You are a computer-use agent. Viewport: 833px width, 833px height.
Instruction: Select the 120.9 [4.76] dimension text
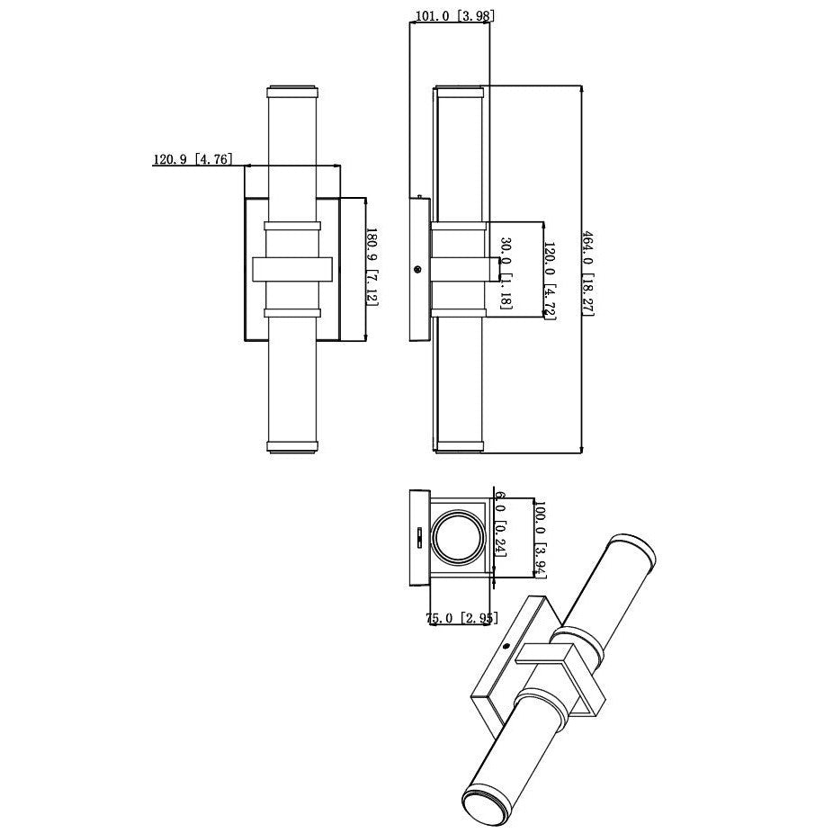[193, 159]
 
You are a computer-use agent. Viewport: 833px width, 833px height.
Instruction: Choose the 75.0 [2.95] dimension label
[460, 618]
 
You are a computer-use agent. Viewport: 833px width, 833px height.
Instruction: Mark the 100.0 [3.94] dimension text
[541, 538]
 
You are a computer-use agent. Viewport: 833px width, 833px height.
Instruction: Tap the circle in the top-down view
[460, 541]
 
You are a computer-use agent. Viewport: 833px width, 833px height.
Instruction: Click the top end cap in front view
[293, 92]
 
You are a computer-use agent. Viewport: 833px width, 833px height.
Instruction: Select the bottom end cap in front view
[293, 444]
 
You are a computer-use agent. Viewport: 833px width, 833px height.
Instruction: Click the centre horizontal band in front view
[293, 269]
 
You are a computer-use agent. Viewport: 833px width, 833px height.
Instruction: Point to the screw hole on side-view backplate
[416, 269]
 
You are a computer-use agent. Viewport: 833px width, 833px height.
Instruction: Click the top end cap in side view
[460, 92]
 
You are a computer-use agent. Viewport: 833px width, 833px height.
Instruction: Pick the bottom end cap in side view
[460, 445]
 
